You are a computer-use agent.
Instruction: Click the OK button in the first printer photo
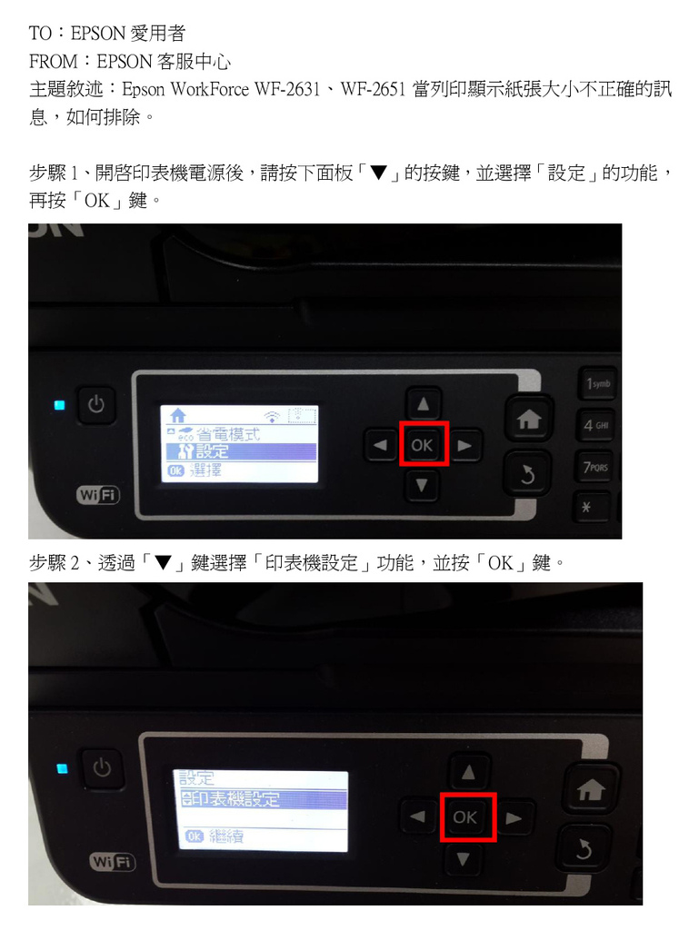tap(423, 445)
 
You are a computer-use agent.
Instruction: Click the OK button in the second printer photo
tap(465, 816)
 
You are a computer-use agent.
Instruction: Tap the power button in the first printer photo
tap(96, 404)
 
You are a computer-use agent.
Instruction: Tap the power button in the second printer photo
tap(102, 767)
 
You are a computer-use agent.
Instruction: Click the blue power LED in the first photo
tap(59, 405)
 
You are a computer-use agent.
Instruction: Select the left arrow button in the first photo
tap(380, 445)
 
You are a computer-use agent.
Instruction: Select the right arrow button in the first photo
tap(464, 445)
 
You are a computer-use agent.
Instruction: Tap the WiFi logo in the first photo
tap(98, 494)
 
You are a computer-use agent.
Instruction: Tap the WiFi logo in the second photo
tap(112, 862)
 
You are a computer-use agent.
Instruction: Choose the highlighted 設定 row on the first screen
tap(240, 451)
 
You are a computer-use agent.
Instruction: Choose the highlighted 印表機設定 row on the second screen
tap(263, 799)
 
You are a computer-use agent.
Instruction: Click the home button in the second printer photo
tap(591, 789)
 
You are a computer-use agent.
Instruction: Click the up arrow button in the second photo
tap(468, 772)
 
